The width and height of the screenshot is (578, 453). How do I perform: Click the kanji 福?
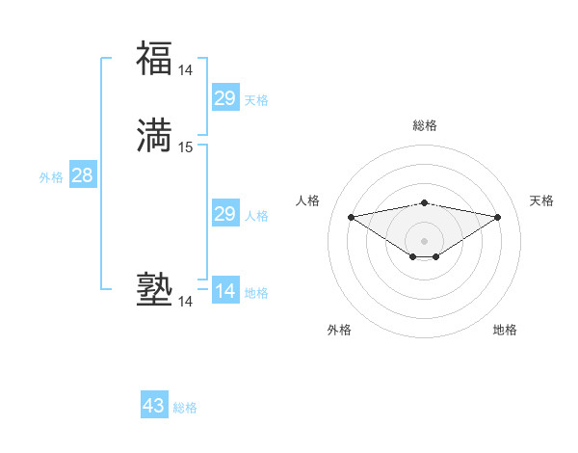click(x=154, y=58)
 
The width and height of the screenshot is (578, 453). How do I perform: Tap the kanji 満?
click(x=154, y=135)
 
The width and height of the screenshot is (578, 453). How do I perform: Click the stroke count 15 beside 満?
click(x=186, y=147)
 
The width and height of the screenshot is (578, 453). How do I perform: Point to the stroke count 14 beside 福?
click(x=186, y=69)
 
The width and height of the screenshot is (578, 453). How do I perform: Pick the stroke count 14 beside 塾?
click(x=186, y=303)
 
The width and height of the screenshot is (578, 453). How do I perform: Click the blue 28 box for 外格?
click(x=82, y=175)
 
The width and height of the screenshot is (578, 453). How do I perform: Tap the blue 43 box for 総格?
click(x=154, y=406)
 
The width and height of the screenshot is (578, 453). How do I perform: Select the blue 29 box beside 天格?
click(x=224, y=98)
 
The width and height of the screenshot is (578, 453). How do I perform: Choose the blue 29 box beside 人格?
click(x=224, y=214)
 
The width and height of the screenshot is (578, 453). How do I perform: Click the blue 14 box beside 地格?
click(x=224, y=291)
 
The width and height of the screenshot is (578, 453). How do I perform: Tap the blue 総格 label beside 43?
click(x=185, y=408)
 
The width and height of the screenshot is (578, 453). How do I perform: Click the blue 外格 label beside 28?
click(x=50, y=177)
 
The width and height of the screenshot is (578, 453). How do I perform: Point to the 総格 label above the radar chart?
click(x=425, y=125)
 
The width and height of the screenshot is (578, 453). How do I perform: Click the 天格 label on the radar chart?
click(x=541, y=200)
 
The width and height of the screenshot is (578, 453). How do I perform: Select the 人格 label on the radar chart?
click(x=308, y=200)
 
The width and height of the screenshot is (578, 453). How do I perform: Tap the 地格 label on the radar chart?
click(x=505, y=330)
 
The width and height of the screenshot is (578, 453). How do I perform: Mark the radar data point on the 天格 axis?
click(x=498, y=217)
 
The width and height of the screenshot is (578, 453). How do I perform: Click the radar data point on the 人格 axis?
click(x=352, y=217)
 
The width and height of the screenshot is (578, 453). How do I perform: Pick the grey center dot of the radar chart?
click(x=425, y=240)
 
